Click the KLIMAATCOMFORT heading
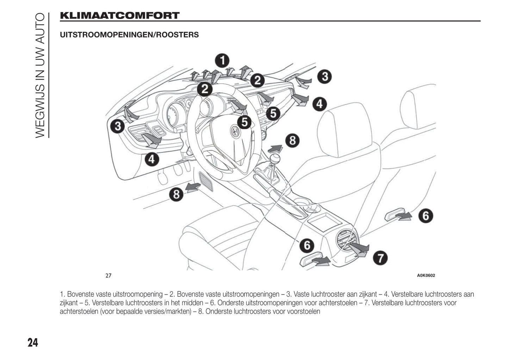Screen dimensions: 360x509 120,16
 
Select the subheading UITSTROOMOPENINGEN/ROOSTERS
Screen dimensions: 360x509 129,35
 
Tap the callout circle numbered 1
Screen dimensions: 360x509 222,61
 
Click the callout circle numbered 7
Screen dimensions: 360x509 380,258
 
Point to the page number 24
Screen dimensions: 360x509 33,342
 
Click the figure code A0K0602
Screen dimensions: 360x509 426,275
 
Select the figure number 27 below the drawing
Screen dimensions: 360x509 108,275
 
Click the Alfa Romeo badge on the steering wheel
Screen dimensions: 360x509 235,131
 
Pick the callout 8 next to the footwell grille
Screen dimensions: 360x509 176,194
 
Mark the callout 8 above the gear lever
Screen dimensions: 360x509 292,140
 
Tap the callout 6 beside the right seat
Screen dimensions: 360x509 426,216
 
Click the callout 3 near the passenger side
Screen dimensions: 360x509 324,76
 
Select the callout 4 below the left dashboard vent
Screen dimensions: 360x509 151,159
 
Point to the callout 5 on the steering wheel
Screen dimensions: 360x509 244,122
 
